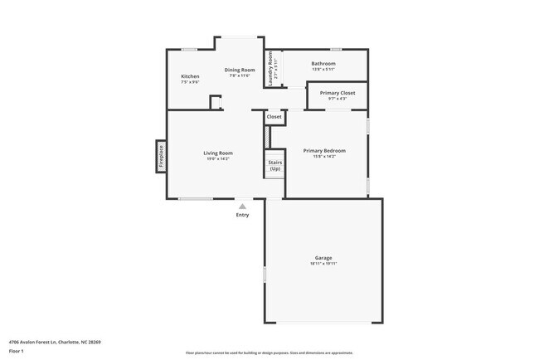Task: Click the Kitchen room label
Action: click(x=190, y=76)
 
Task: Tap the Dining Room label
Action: click(x=239, y=70)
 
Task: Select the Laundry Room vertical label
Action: click(x=269, y=70)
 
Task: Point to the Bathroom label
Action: click(x=323, y=64)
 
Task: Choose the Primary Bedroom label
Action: click(x=324, y=150)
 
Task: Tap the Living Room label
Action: click(x=218, y=153)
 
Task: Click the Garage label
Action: click(x=323, y=258)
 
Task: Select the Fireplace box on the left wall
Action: click(x=161, y=156)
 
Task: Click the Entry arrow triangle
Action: click(x=242, y=206)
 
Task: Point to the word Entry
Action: click(x=242, y=215)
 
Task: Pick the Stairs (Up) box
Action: click(x=274, y=164)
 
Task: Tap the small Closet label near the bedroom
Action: click(x=274, y=117)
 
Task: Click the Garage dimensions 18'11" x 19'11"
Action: click(x=323, y=264)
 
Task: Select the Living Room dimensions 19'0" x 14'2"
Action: click(x=218, y=158)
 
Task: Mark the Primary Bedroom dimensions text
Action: click(x=324, y=156)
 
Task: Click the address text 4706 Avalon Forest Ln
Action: click(x=54, y=342)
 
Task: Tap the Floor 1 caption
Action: click(x=17, y=352)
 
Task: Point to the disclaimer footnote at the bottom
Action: click(x=269, y=353)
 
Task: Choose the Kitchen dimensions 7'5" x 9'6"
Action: click(x=190, y=82)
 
